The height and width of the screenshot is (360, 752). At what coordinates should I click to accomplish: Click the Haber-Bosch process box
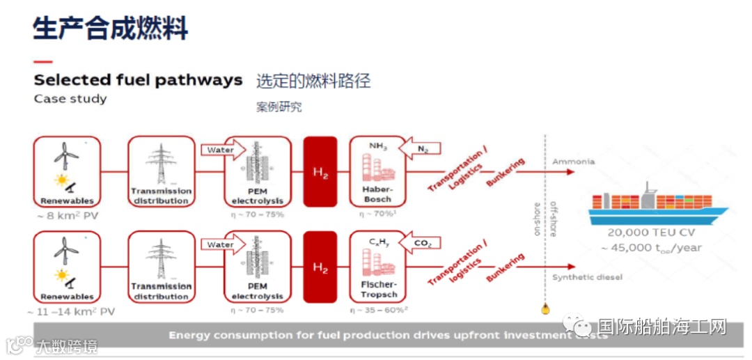pos(377,171)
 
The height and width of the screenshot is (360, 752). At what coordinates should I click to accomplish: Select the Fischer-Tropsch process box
pos(377,267)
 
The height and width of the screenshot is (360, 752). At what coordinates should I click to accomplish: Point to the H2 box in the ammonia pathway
pos(320,171)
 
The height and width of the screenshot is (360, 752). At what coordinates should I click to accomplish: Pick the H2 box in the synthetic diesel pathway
pos(320,267)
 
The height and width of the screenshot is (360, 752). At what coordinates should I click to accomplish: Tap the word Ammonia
pos(573,162)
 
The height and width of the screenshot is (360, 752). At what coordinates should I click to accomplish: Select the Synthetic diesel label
pos(587,277)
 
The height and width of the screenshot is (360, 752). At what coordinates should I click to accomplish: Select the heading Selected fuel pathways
pos(138,80)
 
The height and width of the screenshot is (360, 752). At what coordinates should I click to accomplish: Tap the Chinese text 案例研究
pos(279,108)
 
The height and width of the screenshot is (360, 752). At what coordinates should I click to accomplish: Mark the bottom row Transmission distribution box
pos(161,267)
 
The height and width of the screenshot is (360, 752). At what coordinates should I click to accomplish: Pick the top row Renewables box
pos(67,171)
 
